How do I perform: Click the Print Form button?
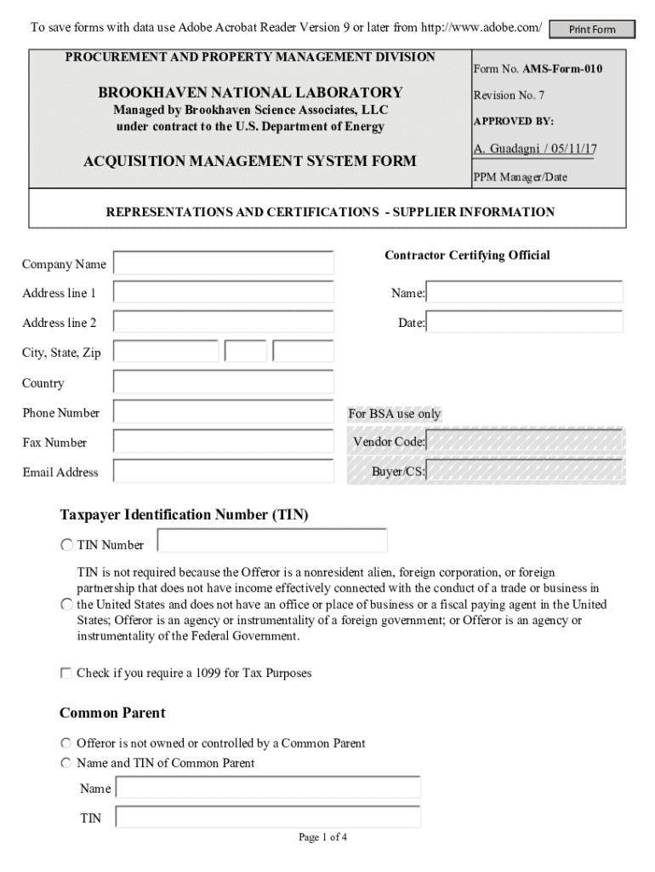[x=592, y=30]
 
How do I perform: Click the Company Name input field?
[x=224, y=263]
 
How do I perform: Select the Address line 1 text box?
[x=224, y=293]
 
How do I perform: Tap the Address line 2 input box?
[x=224, y=323]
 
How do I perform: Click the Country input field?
[x=224, y=382]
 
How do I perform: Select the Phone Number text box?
[x=224, y=412]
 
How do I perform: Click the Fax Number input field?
[x=224, y=442]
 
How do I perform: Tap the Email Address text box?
[x=224, y=472]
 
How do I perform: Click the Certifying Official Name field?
[x=525, y=293]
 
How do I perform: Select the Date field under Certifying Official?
[x=525, y=323]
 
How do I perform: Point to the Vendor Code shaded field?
[x=525, y=442]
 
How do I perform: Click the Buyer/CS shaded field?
[x=525, y=472]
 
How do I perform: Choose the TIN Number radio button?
[x=66, y=545]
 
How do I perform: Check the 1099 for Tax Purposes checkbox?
[x=66, y=673]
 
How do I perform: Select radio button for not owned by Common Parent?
[x=66, y=743]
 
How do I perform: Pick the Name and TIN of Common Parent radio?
[x=66, y=763]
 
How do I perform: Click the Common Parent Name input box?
[x=268, y=788]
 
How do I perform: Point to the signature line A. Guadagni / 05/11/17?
[x=534, y=149]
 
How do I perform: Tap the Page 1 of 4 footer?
[x=322, y=837]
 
